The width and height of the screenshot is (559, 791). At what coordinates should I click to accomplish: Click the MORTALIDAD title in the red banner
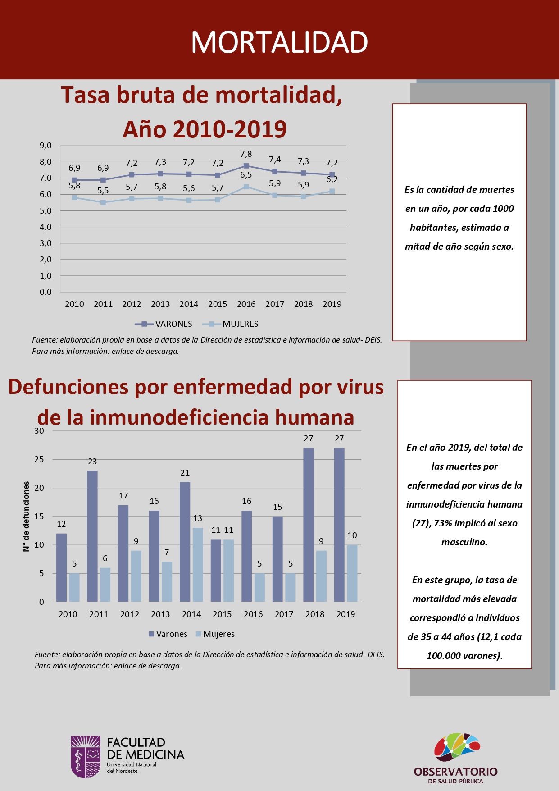(x=279, y=42)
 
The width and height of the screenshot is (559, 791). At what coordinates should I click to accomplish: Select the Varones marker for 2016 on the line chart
(x=246, y=166)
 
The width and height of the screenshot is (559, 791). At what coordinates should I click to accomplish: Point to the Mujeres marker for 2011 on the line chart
(x=103, y=202)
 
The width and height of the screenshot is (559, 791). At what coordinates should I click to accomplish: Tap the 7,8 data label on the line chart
(x=246, y=154)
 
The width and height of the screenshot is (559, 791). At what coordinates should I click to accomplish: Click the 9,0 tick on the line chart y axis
(x=46, y=146)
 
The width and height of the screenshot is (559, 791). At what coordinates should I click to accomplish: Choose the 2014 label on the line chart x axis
(x=189, y=304)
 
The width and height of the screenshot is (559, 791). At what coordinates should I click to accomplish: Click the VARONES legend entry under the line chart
(x=164, y=324)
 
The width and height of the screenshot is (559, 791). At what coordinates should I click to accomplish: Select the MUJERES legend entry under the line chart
(x=231, y=324)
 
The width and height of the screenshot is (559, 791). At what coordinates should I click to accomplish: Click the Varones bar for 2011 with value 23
(x=92, y=536)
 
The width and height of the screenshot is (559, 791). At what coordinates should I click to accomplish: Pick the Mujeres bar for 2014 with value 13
(x=198, y=565)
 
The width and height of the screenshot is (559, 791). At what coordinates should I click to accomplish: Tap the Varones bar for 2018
(x=309, y=525)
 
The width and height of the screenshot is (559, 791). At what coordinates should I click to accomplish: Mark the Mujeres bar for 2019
(x=352, y=573)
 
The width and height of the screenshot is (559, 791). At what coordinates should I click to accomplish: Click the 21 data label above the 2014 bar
(x=185, y=473)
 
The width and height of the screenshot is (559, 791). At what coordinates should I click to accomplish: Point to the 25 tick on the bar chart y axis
(x=40, y=459)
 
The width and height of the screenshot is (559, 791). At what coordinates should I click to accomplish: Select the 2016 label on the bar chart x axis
(x=253, y=614)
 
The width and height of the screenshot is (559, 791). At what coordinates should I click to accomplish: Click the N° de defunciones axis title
(x=26, y=517)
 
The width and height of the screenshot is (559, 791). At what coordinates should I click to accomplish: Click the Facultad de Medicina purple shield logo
(x=86, y=757)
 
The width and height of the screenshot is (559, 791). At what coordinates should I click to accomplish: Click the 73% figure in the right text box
(x=443, y=523)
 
